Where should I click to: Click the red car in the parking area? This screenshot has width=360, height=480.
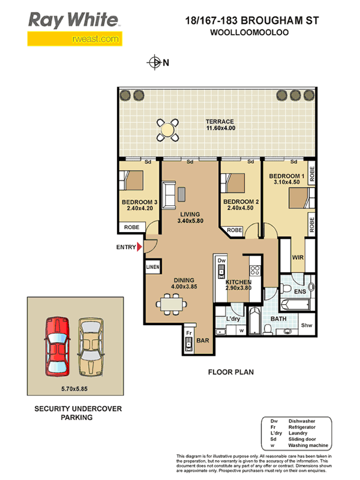(57, 347)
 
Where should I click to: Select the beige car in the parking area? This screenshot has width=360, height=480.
(91, 347)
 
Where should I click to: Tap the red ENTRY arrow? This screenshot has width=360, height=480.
(140, 247)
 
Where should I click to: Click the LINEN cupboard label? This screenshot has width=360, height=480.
(153, 267)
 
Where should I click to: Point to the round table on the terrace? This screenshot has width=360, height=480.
(167, 130)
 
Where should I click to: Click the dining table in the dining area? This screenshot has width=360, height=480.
(172, 304)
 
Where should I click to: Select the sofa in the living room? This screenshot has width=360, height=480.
(169, 194)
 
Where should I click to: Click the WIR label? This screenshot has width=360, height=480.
(298, 257)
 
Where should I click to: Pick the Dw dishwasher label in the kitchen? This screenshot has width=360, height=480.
(221, 260)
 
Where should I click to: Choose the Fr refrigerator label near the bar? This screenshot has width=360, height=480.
(189, 333)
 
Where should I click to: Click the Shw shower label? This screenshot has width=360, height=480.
(307, 325)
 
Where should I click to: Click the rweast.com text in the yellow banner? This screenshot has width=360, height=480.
(95, 39)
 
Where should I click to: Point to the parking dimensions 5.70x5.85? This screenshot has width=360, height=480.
(74, 389)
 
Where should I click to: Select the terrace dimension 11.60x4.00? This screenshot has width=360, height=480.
(221, 128)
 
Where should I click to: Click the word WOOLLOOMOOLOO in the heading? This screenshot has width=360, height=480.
(250, 32)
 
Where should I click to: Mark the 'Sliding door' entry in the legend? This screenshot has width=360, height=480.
(302, 439)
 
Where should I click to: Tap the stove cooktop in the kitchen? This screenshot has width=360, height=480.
(255, 270)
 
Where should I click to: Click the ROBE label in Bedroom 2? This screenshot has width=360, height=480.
(235, 230)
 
